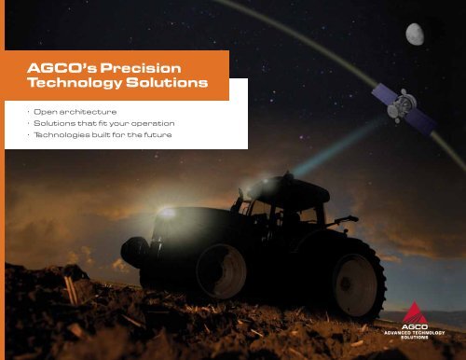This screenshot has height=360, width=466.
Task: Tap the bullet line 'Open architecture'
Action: point(69,112)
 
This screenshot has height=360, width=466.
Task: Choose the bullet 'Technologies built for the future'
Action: point(101,136)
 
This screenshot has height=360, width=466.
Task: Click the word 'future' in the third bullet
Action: point(159,136)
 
